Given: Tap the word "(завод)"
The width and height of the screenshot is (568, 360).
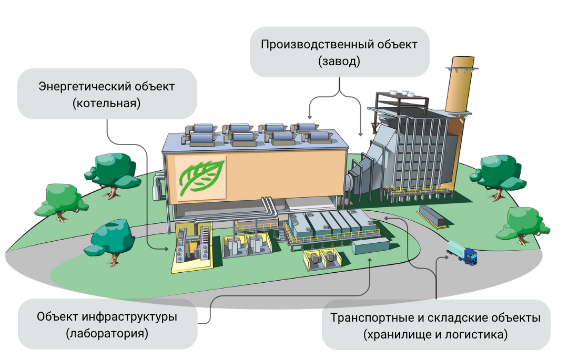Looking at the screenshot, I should [339, 61].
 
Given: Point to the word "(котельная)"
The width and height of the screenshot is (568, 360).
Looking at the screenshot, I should [107, 103].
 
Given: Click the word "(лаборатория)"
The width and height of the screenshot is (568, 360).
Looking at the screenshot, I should [107, 333].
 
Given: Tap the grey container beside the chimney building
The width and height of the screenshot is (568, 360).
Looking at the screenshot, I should [432, 215].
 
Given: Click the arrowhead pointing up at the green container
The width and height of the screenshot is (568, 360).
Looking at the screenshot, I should [371, 260].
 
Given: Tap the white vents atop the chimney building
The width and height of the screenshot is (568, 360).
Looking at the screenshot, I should [405, 94].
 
